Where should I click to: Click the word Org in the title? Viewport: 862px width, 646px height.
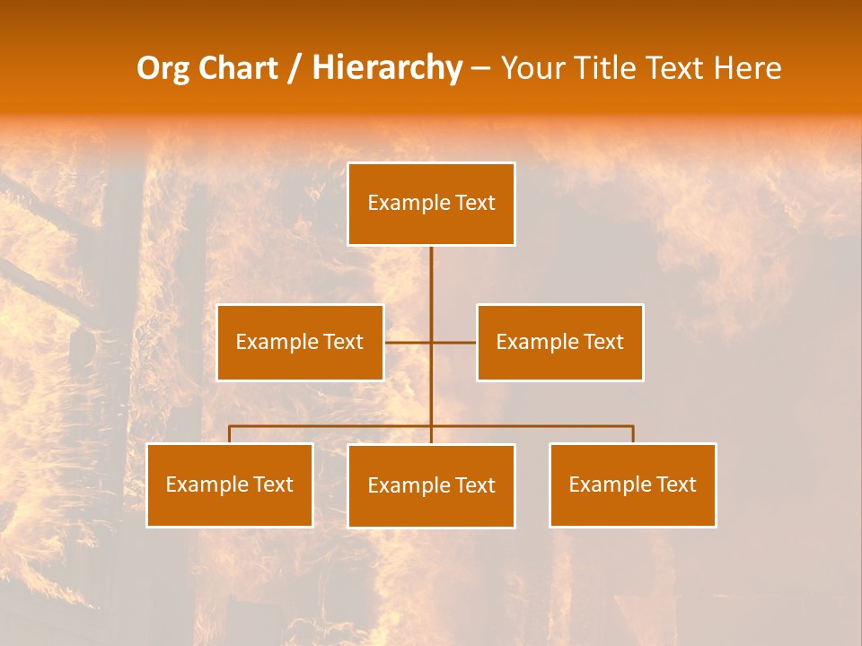164,68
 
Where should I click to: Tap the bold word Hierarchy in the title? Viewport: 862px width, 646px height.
387,68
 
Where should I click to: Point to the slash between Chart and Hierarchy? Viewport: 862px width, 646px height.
295,68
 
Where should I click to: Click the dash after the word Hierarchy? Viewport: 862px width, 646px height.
480,69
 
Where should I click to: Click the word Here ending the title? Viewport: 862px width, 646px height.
747,68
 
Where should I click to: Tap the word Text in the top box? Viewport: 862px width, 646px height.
475,203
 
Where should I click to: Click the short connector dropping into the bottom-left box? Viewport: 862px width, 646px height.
230,434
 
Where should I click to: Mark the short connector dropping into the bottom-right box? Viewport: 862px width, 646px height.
633,434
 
